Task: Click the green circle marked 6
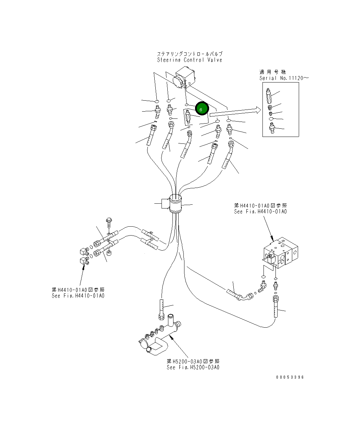pyautogui.click(x=202, y=109)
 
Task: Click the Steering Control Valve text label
pyautogui.click(x=190, y=60)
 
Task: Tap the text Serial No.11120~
pyautogui.click(x=284, y=78)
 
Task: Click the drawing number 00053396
pyautogui.click(x=290, y=377)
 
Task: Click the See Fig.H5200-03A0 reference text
pyautogui.click(x=193, y=367)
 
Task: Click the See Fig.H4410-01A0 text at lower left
pyautogui.click(x=78, y=295)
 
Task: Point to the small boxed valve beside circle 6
pyautogui.click(x=188, y=117)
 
